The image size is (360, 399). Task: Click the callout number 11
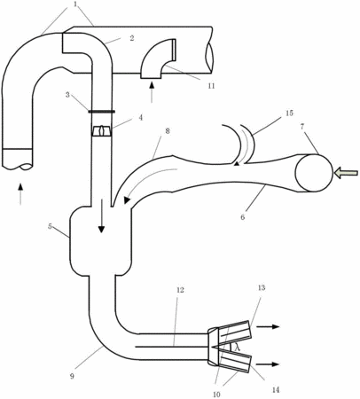(x=211, y=86)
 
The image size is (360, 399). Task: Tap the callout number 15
(x=289, y=113)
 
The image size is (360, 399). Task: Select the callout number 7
(x=301, y=127)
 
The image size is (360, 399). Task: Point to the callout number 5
(x=51, y=226)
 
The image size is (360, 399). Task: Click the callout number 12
(x=180, y=290)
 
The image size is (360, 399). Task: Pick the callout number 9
(x=73, y=376)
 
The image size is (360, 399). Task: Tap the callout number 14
(x=275, y=390)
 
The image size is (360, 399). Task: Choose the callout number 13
(x=262, y=287)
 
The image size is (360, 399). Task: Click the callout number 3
(x=67, y=95)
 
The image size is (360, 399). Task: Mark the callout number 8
(x=168, y=131)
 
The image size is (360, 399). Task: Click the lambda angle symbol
(x=238, y=348)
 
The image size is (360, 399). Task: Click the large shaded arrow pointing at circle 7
(x=346, y=172)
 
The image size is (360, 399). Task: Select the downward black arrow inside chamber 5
(x=101, y=216)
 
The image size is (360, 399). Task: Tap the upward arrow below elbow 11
(x=152, y=92)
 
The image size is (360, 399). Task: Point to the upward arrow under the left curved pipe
(x=20, y=194)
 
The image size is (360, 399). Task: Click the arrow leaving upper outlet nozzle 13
(x=268, y=326)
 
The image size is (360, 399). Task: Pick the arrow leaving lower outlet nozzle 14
(x=268, y=364)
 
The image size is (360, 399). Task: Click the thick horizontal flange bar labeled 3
(x=101, y=112)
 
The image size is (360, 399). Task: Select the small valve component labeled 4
(x=101, y=131)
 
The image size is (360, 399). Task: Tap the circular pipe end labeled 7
(x=314, y=174)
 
